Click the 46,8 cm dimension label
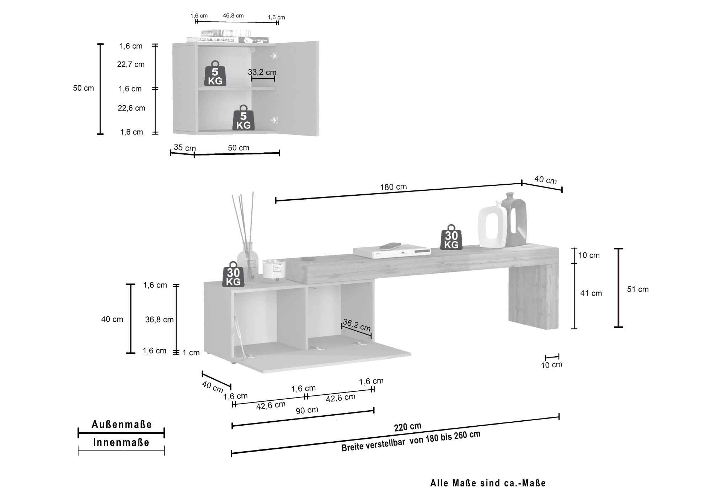tap(233, 16)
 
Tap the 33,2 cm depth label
tap(262, 72)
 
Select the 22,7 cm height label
tap(131, 64)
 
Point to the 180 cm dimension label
tap(393, 187)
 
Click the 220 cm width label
tap(407, 427)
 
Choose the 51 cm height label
tap(638, 289)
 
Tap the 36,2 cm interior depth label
tap(357, 325)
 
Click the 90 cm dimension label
tap(307, 410)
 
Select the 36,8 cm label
tap(159, 320)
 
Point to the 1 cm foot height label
tap(191, 353)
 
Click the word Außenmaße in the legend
tap(122, 424)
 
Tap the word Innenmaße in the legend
tap(121, 442)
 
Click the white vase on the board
tap(492, 225)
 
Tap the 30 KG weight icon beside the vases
tap(451, 237)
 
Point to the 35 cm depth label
tap(185, 147)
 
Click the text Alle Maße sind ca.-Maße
tap(488, 483)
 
